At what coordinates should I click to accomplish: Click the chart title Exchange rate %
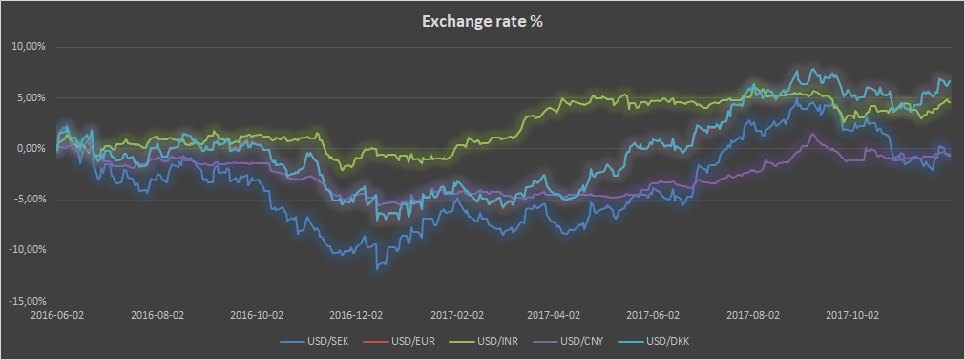click(482, 21)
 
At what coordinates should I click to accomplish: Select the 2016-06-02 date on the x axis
click(56, 313)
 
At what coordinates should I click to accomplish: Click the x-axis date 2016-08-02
click(157, 313)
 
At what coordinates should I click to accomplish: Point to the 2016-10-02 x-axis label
click(257, 313)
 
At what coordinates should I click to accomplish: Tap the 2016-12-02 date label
click(357, 313)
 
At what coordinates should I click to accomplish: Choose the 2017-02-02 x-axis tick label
click(457, 313)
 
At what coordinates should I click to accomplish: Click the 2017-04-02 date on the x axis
click(555, 313)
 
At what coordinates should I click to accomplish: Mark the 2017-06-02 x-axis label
click(654, 313)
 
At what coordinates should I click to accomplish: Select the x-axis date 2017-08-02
click(754, 313)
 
